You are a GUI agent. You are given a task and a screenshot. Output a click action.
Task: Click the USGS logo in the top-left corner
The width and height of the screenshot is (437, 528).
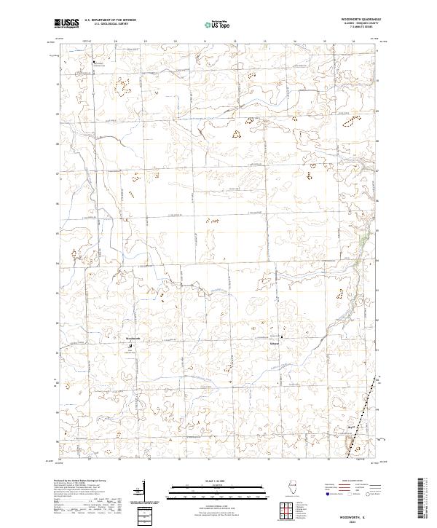(66, 23)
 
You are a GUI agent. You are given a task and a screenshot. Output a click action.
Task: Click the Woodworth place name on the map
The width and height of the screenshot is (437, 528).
(132, 339)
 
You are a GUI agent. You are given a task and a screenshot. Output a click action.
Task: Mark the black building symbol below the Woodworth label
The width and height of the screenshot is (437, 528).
(131, 345)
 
